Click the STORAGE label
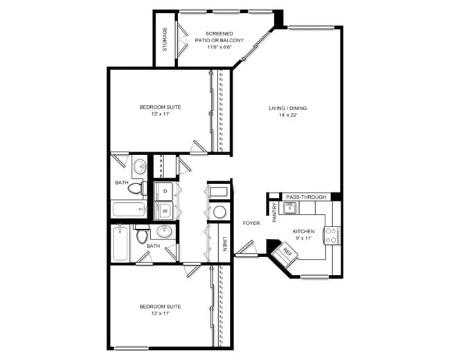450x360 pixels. point(165,39)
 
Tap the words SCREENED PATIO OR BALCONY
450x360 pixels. point(219,37)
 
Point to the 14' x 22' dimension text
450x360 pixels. point(287,115)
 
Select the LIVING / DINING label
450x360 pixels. point(287,108)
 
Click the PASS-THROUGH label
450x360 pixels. point(305,197)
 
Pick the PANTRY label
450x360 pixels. point(274,212)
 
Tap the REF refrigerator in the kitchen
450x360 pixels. point(284,253)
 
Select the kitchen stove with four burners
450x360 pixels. point(333,235)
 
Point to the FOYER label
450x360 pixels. point(251,223)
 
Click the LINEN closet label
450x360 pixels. point(226,244)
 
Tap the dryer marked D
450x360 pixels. point(165,191)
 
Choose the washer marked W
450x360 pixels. point(165,210)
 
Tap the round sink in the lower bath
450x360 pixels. point(164,231)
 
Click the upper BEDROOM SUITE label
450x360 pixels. point(160,107)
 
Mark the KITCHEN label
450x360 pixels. point(303,231)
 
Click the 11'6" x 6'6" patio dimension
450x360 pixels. point(219,48)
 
